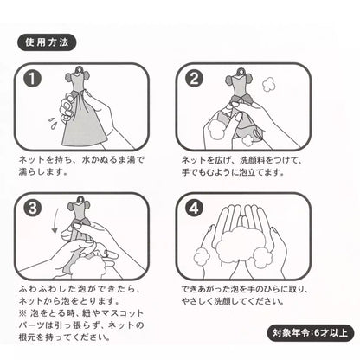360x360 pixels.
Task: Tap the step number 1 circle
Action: (35, 80)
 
